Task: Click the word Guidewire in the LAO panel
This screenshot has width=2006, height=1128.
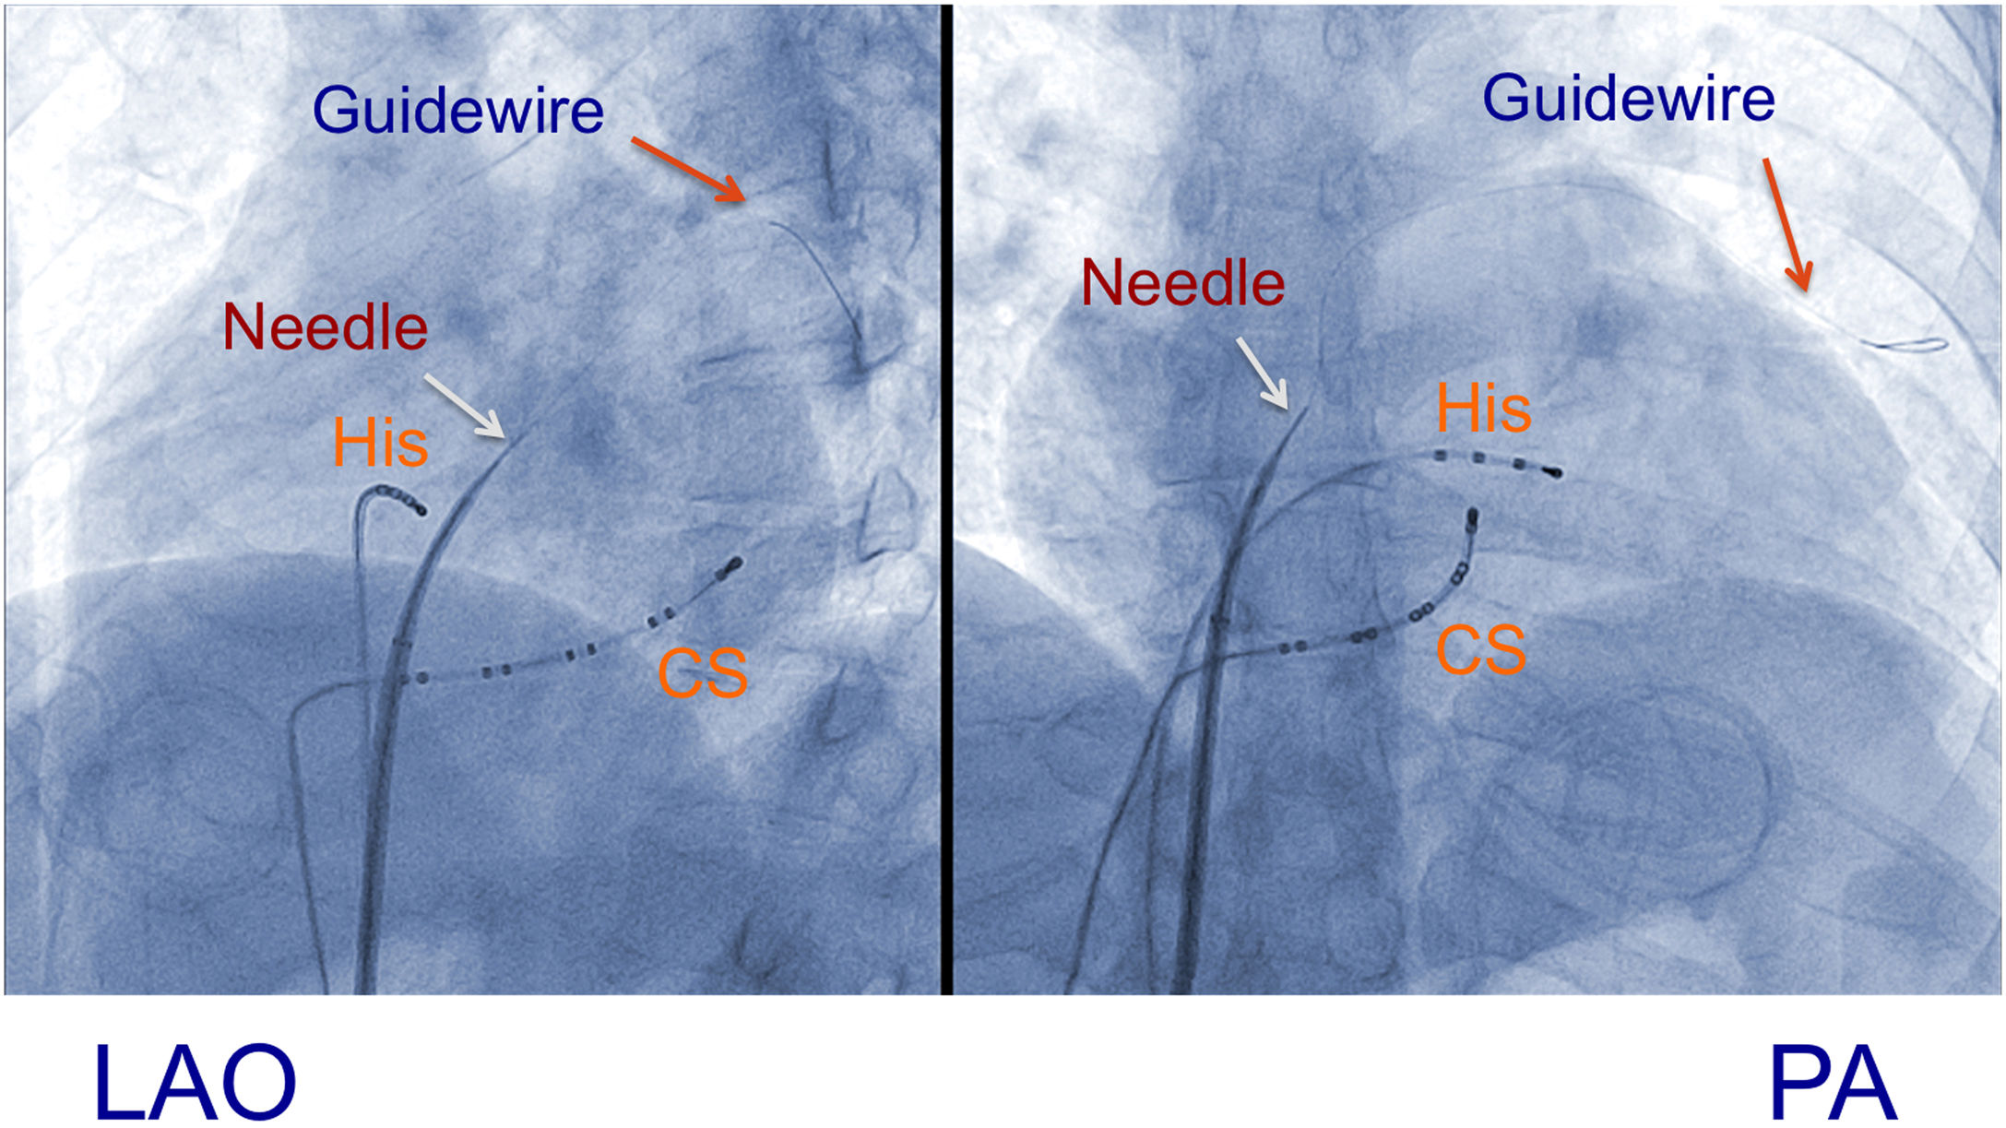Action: tap(457, 111)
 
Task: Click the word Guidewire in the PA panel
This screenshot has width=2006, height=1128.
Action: tap(1628, 99)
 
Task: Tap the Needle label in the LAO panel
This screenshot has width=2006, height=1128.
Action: tap(325, 327)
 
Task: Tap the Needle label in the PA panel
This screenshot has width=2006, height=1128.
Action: tap(1182, 283)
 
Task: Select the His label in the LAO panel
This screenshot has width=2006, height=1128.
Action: tap(380, 444)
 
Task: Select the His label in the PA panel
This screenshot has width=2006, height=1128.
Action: tap(1483, 409)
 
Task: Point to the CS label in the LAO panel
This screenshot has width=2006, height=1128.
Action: tap(702, 673)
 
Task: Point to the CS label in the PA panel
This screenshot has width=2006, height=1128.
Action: tap(1480, 650)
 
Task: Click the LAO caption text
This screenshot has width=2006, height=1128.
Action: tap(195, 1082)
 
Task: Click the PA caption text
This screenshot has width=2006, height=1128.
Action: tap(1833, 1082)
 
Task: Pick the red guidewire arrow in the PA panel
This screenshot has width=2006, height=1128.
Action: tap(1787, 224)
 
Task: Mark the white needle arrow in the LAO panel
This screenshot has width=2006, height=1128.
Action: tap(464, 405)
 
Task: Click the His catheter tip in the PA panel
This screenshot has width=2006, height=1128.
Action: tap(1554, 473)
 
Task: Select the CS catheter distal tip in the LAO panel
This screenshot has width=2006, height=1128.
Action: tap(733, 564)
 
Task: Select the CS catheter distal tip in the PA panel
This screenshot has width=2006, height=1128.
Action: tap(1473, 517)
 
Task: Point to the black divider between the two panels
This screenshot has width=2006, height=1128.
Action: tap(946, 498)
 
